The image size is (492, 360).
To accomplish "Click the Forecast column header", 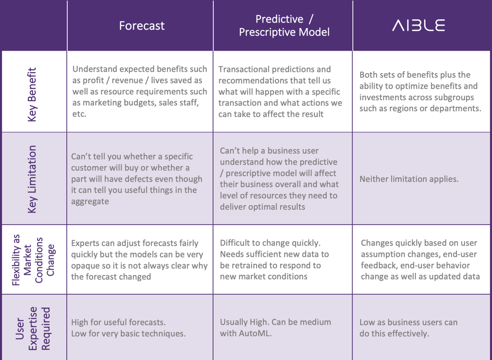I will (x=141, y=26).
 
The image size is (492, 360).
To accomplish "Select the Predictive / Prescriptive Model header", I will (x=284, y=26).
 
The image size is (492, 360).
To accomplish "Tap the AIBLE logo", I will (x=418, y=26).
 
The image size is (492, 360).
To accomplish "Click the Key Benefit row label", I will (x=32, y=92).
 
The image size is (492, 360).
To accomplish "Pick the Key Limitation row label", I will (x=32, y=179).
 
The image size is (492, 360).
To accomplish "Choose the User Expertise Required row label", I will (x=32, y=327).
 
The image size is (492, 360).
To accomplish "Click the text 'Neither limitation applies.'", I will (x=409, y=179).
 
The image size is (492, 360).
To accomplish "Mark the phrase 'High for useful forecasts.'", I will (x=118, y=322).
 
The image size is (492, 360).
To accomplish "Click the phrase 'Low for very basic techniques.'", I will (x=128, y=333).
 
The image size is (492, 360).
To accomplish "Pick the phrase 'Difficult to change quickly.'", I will (x=270, y=243).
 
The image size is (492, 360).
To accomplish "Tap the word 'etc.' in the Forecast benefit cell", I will (x=79, y=114).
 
